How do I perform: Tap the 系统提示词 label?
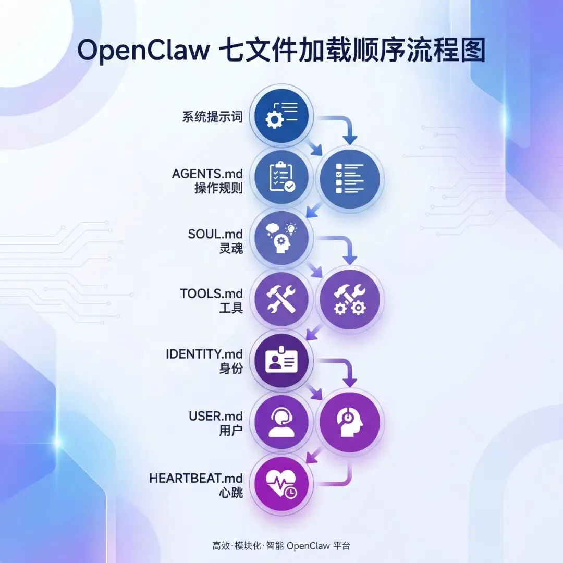point(213,116)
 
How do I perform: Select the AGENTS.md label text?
point(207,174)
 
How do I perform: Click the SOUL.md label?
point(215,234)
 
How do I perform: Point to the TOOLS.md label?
point(212,293)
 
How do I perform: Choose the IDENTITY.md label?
point(204,354)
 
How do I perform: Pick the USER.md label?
point(216,417)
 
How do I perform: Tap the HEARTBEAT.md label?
point(196,478)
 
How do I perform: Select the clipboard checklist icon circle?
point(281,177)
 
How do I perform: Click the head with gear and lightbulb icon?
point(281,238)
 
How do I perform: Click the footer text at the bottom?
point(281,546)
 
